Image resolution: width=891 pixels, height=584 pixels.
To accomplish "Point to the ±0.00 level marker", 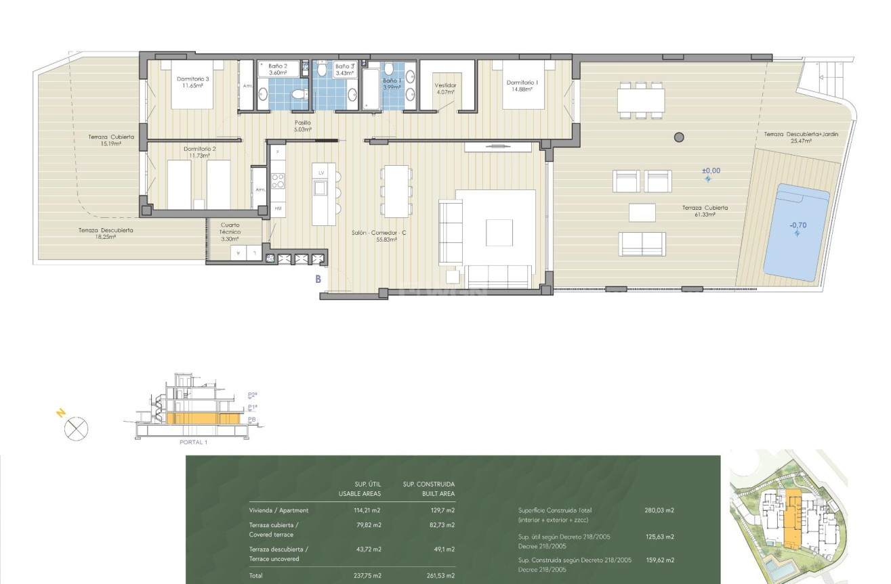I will pyautogui.click(x=711, y=171).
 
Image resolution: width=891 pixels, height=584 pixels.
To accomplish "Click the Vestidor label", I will pyautogui.click(x=445, y=89).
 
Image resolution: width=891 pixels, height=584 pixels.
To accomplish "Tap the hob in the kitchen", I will pyautogui.click(x=278, y=180).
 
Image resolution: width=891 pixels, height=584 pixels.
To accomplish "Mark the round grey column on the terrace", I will pyautogui.click(x=679, y=137).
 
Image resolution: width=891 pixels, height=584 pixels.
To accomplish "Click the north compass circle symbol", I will pyautogui.click(x=77, y=428).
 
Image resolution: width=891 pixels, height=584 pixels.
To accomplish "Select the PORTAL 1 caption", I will pyautogui.click(x=193, y=443).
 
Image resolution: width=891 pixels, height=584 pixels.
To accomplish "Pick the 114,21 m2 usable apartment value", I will pyautogui.click(x=367, y=510).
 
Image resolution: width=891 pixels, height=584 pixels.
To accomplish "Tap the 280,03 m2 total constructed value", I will pyautogui.click(x=659, y=511).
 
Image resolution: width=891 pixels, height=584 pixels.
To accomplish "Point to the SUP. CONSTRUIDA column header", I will pyautogui.click(x=428, y=485).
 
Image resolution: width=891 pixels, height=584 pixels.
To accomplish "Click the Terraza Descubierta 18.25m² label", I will pyautogui.click(x=105, y=233).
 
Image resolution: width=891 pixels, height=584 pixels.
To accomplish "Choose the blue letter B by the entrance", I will pyautogui.click(x=317, y=277).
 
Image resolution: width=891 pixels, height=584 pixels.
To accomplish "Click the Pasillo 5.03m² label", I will pyautogui.click(x=302, y=126).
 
